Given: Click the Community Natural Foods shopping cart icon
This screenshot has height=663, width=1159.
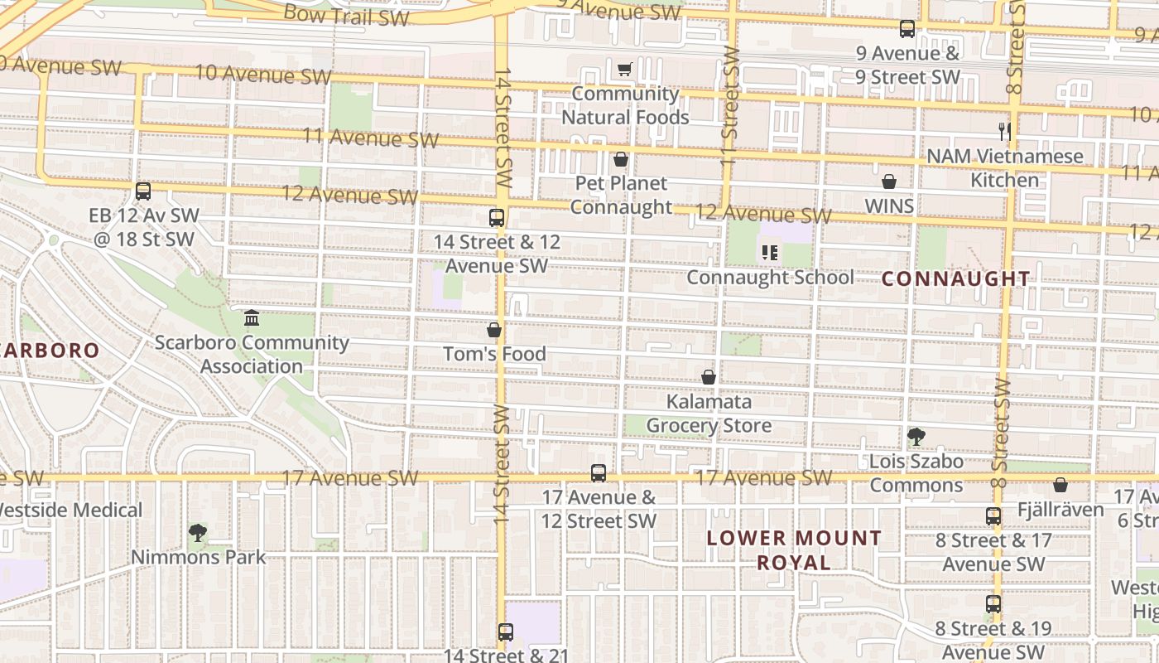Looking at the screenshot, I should (625, 70).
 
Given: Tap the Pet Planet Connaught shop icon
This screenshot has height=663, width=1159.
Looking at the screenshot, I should (621, 159).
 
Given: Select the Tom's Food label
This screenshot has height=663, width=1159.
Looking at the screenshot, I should (494, 354).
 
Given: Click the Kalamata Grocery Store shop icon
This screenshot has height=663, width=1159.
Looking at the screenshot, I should (709, 378).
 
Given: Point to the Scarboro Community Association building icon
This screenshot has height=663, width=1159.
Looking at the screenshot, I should (252, 318).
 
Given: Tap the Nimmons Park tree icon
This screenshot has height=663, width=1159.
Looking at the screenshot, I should (197, 533).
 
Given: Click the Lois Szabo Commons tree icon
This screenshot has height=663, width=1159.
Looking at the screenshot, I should (916, 437).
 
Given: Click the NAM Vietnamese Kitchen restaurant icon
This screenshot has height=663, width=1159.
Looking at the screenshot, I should (1005, 131).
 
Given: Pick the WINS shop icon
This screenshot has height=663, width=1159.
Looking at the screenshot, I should (889, 181).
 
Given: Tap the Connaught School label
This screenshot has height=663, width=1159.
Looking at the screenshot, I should (770, 277).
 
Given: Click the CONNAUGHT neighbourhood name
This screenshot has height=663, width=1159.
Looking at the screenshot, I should (955, 278).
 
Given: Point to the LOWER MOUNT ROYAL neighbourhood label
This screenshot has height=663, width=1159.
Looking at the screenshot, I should (794, 550).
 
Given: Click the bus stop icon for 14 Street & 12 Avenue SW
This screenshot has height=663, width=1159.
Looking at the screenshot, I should (497, 218).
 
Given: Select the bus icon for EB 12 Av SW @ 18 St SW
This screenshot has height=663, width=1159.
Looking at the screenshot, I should (143, 191).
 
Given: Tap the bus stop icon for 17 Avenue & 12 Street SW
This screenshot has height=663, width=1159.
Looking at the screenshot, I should (599, 473).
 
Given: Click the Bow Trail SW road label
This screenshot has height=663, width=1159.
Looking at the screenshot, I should (346, 14).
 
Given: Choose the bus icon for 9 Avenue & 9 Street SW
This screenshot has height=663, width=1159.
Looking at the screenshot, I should (907, 29).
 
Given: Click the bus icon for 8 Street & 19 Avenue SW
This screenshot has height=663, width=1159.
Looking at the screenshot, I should (993, 604).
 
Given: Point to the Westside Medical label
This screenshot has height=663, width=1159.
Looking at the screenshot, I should (71, 510).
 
